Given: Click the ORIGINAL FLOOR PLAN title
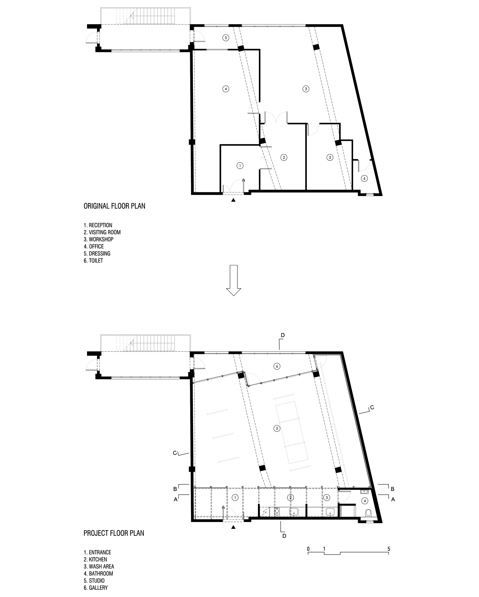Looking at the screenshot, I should (x=114, y=206).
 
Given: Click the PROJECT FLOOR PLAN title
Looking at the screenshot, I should (x=114, y=533).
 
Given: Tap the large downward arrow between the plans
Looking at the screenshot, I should (x=234, y=280).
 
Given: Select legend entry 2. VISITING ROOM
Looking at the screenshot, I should (x=102, y=232).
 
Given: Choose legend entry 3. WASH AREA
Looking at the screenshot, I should (x=99, y=567).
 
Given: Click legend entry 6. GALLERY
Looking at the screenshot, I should (x=96, y=588).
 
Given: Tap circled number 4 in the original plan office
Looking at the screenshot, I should (x=226, y=89).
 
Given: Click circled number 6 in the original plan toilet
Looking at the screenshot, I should (x=364, y=179).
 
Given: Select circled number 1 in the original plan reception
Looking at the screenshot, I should (x=240, y=166).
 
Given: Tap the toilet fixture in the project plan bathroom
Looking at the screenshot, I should (x=368, y=513).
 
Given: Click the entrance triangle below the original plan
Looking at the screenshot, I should (x=233, y=200).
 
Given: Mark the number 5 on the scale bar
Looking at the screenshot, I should (x=388, y=549).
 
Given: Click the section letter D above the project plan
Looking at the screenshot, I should (x=283, y=335).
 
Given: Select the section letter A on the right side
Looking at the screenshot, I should (x=393, y=499).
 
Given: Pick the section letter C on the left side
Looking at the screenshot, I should (x=175, y=453).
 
